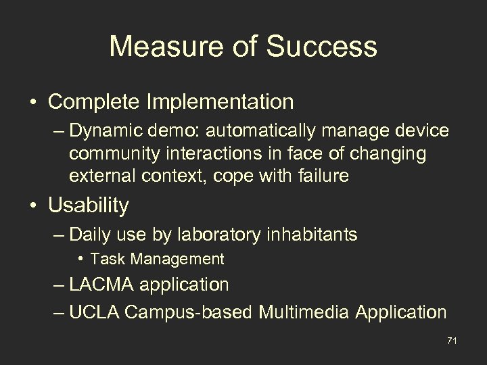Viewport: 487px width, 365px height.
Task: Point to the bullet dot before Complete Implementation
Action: tap(33, 103)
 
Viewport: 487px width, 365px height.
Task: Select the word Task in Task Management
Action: tap(104, 258)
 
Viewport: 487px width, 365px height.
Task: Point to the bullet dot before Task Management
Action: tap(80, 259)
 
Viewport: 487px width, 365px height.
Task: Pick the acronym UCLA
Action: tap(93, 312)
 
